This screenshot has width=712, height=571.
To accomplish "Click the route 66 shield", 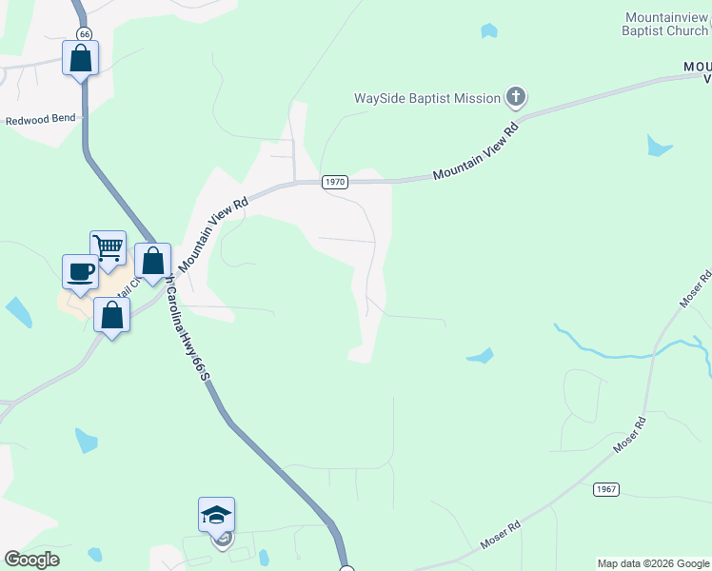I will click(x=84, y=34).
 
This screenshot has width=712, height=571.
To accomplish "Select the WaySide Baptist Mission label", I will click(x=427, y=98).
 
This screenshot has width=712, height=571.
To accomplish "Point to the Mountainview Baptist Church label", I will click(x=666, y=25).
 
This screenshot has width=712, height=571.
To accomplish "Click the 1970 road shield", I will click(x=334, y=182).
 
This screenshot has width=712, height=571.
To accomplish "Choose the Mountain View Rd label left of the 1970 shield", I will click(x=213, y=232).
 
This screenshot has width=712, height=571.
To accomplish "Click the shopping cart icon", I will click(x=109, y=247).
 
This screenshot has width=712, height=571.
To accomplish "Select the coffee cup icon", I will click(x=80, y=271).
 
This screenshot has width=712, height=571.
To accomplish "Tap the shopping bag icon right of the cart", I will click(x=152, y=260).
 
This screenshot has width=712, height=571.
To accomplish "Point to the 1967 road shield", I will click(x=606, y=489).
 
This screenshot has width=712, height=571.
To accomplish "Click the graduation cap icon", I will click(x=216, y=515).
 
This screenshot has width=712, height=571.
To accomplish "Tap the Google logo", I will click(x=31, y=560).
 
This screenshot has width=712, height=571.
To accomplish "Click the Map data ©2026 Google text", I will click(x=653, y=563).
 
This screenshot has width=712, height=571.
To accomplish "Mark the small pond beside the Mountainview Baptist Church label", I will click(x=489, y=31).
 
